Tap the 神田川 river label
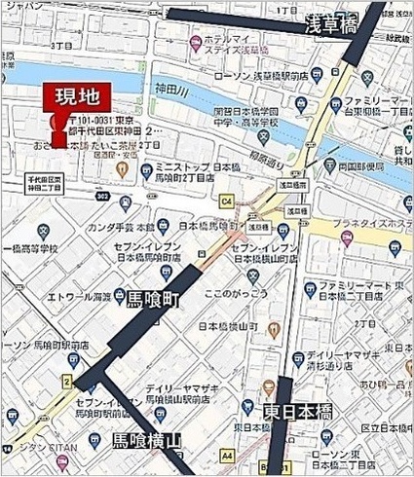click(x=174, y=90)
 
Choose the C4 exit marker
click(x=228, y=202)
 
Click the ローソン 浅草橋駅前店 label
click(x=263, y=75)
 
